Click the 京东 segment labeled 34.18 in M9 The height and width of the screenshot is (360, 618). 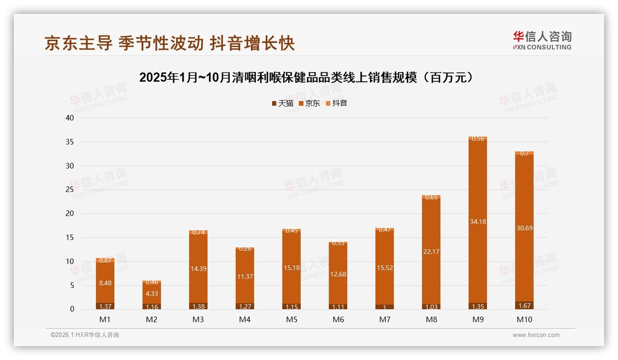point(478,222)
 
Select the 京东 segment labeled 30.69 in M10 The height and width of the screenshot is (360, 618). point(524,228)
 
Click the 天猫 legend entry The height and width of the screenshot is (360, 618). point(282,103)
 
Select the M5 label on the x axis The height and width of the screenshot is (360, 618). point(291,319)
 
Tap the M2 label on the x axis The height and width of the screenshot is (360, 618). point(152,319)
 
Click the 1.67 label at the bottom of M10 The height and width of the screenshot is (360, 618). point(524,306)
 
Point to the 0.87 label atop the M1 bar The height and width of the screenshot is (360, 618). point(105,260)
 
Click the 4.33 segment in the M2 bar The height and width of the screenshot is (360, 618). point(152,293)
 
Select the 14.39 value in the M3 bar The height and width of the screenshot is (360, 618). point(198,269)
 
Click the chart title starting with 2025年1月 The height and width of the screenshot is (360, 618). point(306,78)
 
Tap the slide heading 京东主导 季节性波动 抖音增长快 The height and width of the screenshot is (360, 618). point(170,43)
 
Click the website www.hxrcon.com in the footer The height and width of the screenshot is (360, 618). point(536,335)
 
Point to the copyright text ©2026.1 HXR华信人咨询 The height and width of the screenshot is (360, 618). point(85,335)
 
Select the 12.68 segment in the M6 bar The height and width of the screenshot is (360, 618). point(338,274)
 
